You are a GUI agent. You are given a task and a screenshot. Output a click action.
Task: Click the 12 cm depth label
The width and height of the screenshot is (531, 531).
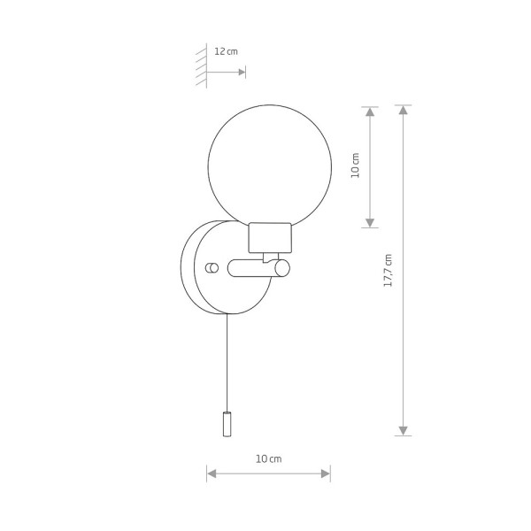click(x=227, y=51)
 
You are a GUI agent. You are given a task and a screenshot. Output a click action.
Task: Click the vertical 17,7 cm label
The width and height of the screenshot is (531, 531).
click(x=388, y=270)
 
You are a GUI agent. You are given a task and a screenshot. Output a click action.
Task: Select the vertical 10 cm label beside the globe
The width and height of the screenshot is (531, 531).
click(x=356, y=166)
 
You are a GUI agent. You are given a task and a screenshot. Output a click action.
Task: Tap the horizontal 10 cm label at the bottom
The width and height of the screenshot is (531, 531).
click(x=268, y=458)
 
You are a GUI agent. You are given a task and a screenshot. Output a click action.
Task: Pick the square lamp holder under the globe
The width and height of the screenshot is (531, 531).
click(x=269, y=235)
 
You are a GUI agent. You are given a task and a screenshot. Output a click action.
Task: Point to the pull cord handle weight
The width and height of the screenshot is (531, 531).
click(x=227, y=425)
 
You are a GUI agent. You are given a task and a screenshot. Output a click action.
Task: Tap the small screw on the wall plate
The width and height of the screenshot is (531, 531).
click(x=211, y=267)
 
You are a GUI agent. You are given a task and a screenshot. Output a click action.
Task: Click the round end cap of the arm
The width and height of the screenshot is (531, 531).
click(x=281, y=268)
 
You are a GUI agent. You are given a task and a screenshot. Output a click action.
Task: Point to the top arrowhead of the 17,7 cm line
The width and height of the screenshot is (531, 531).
click(x=404, y=112)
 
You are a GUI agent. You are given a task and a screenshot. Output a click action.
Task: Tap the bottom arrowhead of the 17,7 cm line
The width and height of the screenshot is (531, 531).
click(x=404, y=429)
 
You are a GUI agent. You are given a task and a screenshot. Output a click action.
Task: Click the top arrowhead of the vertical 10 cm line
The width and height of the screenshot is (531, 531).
click(x=370, y=112)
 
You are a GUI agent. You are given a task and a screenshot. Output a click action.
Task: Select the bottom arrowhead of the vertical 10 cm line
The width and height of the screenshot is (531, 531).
click(x=370, y=222)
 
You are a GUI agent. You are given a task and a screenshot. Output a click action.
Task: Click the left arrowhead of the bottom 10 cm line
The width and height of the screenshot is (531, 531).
click(x=212, y=475)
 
